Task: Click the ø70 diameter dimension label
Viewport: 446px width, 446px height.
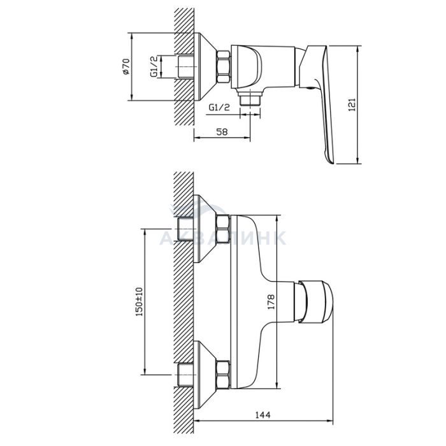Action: pos(126,66)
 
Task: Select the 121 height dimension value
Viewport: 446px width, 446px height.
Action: pos(352,104)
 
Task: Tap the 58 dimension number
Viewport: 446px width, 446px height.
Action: pos(222,132)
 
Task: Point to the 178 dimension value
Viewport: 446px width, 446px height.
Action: pos(271,302)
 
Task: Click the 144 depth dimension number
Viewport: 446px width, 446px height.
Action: pos(263,415)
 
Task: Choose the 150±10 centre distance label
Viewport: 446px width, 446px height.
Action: pos(139,302)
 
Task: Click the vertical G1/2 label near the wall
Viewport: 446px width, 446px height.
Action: pos(154,66)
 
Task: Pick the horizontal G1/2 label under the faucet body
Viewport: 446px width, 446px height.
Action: pos(219,107)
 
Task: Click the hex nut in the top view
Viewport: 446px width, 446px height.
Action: pos(224,67)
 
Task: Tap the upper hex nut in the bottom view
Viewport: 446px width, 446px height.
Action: pos(223,230)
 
